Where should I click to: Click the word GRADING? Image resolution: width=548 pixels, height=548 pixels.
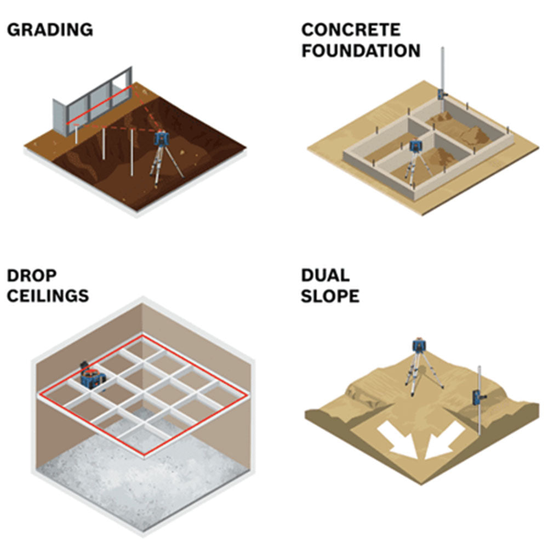(x=50, y=30)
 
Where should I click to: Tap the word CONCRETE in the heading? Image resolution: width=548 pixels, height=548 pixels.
(x=351, y=30)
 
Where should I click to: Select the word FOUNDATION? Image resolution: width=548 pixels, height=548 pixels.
(x=361, y=50)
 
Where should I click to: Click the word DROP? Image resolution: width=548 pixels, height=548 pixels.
(x=31, y=275)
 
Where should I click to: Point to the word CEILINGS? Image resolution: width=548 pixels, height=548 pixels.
(x=48, y=296)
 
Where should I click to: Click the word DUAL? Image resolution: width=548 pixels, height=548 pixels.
(x=325, y=275)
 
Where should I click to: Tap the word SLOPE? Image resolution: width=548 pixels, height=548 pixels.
(x=330, y=296)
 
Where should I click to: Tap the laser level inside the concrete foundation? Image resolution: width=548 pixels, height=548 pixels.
(x=416, y=147)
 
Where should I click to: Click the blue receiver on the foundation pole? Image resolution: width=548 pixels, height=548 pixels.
(x=442, y=94)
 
